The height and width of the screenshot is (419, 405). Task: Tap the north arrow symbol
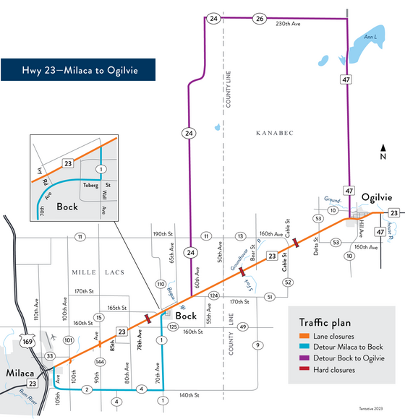tap(383, 151)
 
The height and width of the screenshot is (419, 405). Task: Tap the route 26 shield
tap(259, 18)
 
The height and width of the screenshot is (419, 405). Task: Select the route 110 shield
tap(161, 285)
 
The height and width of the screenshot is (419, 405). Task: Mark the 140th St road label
tap(190, 396)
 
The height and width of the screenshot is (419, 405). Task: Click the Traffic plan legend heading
tap(331, 321)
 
